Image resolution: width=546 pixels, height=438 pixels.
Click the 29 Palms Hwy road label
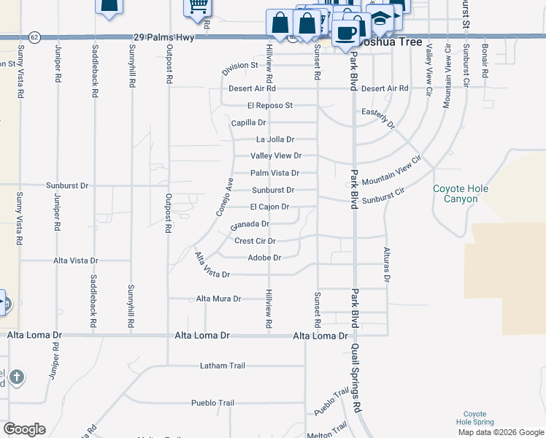pos(164,36)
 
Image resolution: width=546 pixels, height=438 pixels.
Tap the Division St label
pos(240,66)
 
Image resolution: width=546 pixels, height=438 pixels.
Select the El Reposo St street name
pos(269,106)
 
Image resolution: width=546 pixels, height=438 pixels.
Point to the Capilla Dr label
pos(249,123)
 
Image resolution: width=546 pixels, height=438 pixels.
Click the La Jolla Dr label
pos(274,139)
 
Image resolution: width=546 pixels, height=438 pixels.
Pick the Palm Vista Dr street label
pos(274,173)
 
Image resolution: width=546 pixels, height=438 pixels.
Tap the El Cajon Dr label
pos(269,207)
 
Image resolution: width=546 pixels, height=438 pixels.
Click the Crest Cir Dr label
pos(255,241)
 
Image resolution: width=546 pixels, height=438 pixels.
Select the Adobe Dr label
pos(264,258)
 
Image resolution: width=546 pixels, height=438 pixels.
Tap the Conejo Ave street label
pos(224,196)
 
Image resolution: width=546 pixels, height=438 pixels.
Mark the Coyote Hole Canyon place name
pos(461,193)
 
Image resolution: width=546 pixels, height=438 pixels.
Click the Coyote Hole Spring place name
pos(475,418)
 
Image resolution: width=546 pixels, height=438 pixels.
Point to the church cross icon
pos(17,377)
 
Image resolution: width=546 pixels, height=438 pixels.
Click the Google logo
pos(24,429)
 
